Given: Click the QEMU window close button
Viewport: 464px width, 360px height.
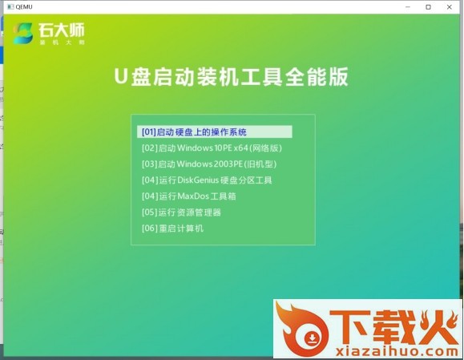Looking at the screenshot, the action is (450, 6).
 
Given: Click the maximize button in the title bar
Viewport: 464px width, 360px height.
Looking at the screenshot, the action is (428, 6).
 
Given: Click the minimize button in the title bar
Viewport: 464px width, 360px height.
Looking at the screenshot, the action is (408, 6).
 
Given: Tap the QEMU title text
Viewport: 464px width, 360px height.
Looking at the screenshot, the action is (24, 6).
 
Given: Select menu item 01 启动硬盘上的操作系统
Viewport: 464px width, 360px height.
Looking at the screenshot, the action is (194, 132).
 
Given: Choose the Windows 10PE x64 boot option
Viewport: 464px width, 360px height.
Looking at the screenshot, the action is (212, 148).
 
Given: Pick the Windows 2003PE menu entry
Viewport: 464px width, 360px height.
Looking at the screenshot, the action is (209, 164).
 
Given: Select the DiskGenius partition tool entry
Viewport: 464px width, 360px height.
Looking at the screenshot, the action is (207, 180).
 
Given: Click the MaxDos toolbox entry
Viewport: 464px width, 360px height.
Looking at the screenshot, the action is (189, 196).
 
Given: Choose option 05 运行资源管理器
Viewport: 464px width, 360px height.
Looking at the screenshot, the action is (181, 212).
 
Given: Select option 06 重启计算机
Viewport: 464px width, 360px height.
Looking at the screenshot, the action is (172, 229).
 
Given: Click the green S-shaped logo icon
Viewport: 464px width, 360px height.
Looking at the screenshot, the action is (22, 33).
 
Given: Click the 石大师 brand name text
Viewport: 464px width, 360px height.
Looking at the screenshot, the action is (61, 30).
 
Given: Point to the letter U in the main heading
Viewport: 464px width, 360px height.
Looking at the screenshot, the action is (121, 76).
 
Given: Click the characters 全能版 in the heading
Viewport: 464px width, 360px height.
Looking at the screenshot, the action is (317, 77).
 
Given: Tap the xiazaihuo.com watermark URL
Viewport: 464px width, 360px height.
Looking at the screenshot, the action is (397, 351).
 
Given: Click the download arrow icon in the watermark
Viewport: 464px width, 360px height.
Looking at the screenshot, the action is (312, 338).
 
